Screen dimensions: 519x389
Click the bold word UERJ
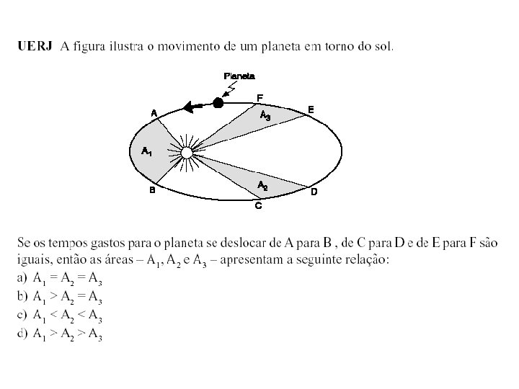34,47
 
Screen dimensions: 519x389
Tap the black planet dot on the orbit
218,104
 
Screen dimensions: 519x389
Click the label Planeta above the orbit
239,76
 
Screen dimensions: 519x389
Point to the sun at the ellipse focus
186,152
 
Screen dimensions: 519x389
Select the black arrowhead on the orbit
190,107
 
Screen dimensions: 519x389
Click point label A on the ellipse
154,113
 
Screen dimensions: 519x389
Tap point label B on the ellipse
152,191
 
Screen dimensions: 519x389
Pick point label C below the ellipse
258,206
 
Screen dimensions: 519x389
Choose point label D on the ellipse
314,192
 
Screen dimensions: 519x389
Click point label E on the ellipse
311,109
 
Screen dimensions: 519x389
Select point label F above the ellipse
260,97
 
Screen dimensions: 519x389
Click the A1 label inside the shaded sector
146,151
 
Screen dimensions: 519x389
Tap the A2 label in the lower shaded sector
263,186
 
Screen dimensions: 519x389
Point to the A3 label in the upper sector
265,116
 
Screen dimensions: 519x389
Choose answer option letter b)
21,297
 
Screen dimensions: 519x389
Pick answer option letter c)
21,316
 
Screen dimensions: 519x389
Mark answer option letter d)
21,334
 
